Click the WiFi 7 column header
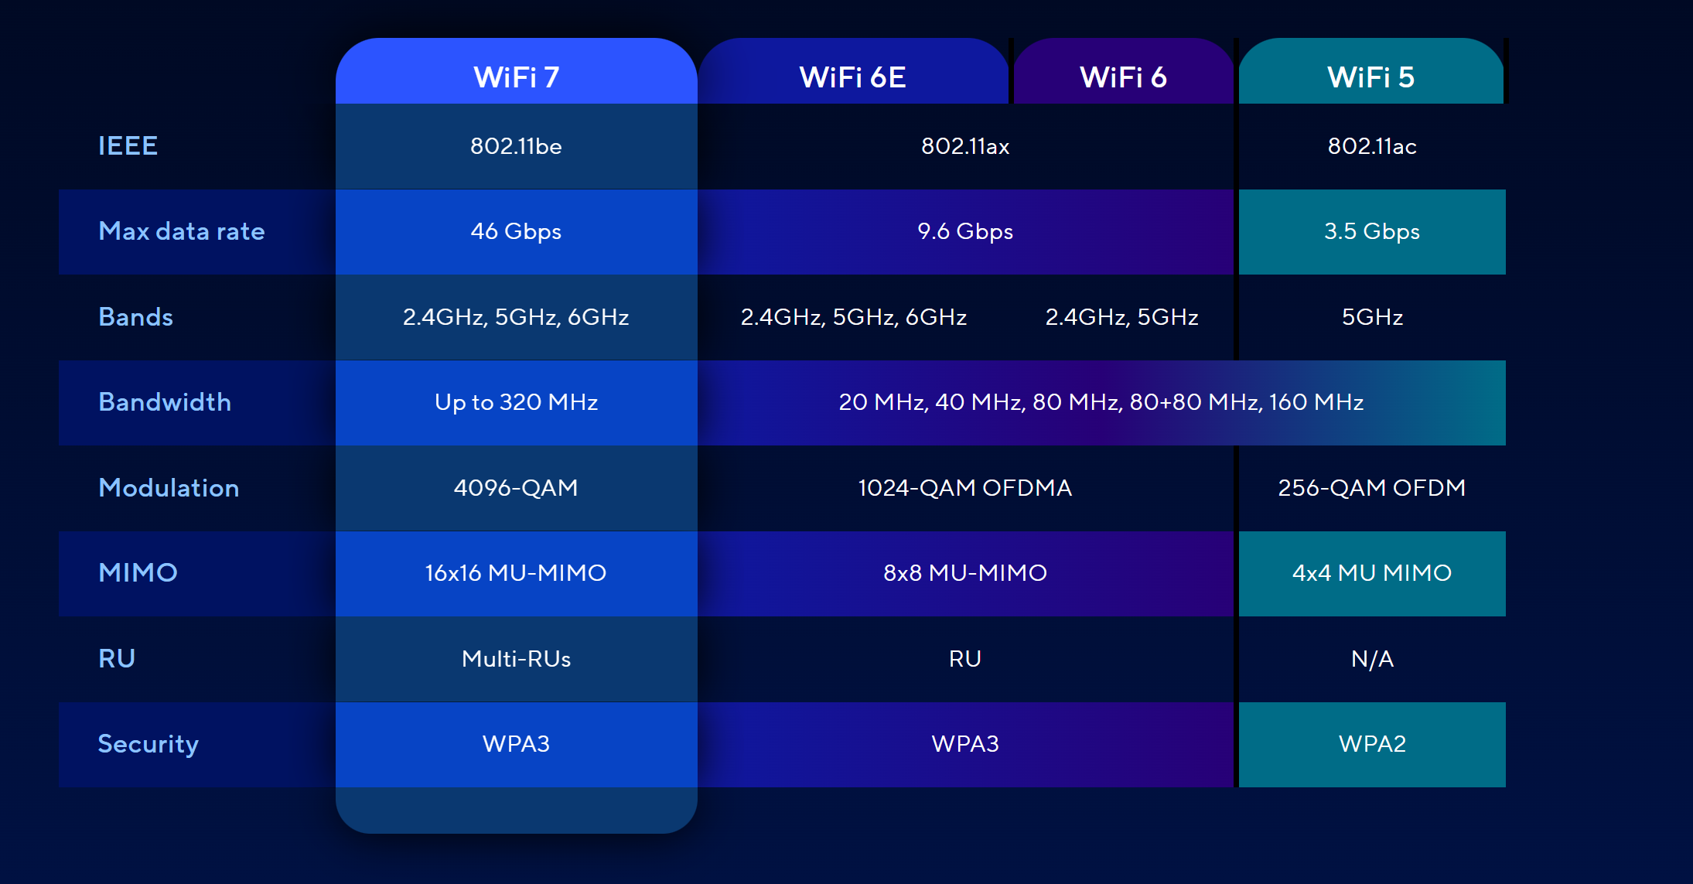click(516, 77)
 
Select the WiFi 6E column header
click(852, 77)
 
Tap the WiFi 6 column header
click(1123, 77)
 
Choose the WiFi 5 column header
click(1371, 77)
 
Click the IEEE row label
click(128, 145)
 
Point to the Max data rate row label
click(182, 231)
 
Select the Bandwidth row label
click(165, 402)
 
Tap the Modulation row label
click(169, 487)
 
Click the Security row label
click(148, 744)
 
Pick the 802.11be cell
click(516, 146)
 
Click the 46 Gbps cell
click(516, 231)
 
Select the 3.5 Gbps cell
click(1372, 231)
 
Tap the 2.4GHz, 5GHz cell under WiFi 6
click(1121, 317)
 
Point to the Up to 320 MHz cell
click(516, 402)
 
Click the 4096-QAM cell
click(516, 488)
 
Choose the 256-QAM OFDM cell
click(1372, 488)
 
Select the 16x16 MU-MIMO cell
click(516, 573)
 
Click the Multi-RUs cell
click(516, 659)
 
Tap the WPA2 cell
click(1372, 744)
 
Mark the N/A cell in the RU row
click(1372, 659)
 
